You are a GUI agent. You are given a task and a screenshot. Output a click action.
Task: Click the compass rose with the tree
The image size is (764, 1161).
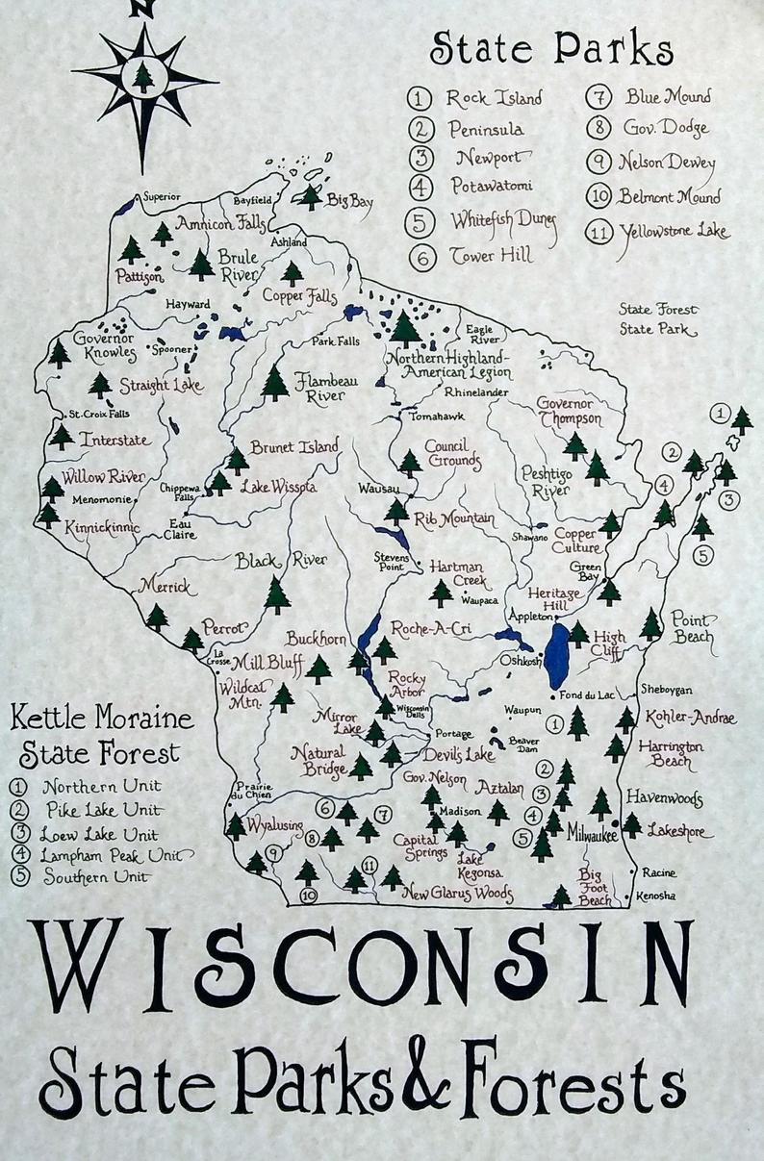(143, 77)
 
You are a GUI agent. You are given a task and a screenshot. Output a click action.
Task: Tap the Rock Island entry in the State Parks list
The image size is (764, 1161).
(494, 98)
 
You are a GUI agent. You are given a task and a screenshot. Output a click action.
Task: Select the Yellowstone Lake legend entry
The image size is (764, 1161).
(675, 232)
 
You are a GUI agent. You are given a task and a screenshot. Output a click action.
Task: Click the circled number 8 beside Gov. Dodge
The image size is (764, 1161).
(599, 128)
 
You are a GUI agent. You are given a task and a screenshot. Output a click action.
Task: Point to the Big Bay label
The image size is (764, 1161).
(349, 201)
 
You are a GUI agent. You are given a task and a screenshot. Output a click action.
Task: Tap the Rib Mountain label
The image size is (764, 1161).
(454, 519)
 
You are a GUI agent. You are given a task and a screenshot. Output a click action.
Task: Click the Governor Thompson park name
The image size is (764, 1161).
(569, 411)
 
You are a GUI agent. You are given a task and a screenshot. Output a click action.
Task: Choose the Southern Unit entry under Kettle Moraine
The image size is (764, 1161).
(96, 877)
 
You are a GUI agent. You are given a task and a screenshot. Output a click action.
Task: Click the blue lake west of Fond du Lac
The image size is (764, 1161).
(556, 655)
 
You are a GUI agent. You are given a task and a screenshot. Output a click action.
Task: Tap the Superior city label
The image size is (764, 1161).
(161, 197)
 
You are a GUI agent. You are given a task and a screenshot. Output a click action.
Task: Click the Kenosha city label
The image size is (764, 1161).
(656, 896)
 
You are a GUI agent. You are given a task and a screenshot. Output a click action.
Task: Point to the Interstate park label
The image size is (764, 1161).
(115, 440)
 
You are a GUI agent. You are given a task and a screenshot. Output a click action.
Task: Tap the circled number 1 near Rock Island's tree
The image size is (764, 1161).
(719, 414)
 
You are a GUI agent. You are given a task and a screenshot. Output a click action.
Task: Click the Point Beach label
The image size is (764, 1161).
(692, 627)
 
